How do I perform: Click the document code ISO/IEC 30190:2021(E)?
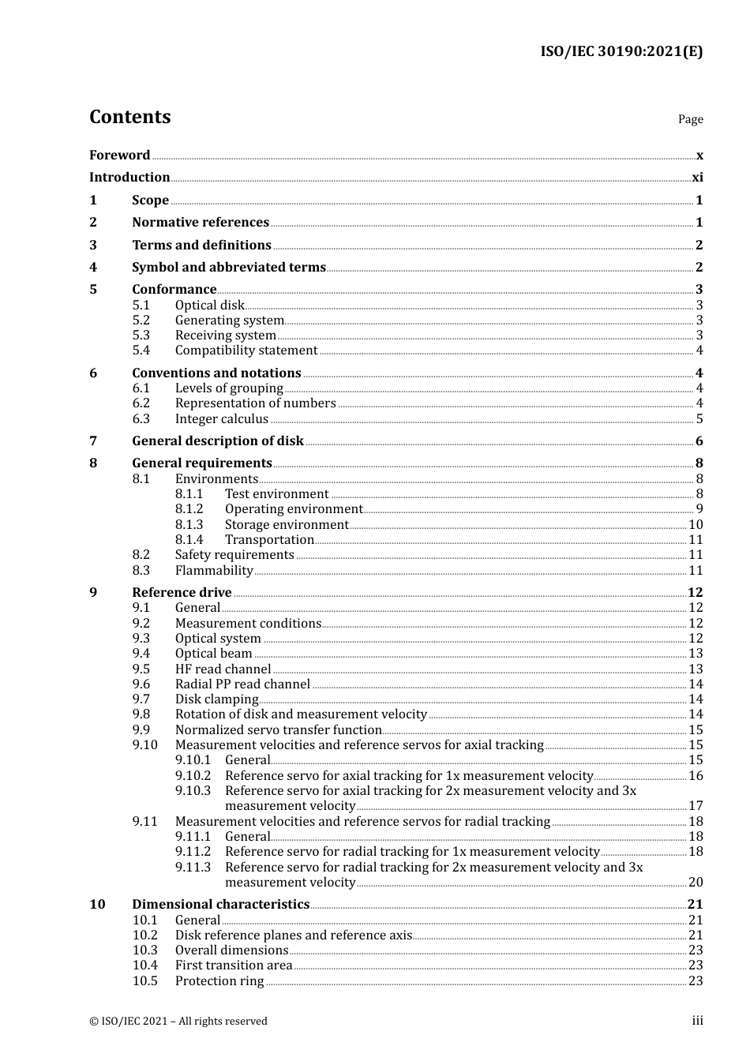tap(621, 51)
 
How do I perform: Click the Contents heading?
tap(129, 117)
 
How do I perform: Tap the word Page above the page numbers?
tap(690, 119)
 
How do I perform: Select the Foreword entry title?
tap(119, 155)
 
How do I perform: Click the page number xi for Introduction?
tap(697, 178)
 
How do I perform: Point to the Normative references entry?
tap(201, 223)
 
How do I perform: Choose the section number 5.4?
tap(141, 351)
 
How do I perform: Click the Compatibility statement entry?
tap(246, 351)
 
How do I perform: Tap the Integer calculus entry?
tap(222, 419)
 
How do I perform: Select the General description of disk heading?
tap(218, 441)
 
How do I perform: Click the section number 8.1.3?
tap(189, 525)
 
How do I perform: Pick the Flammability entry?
tap(214, 571)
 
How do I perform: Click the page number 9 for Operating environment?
tap(699, 509)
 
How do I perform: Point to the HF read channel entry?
tap(223, 669)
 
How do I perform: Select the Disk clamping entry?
tap(216, 699)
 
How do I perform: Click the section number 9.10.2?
tap(193, 776)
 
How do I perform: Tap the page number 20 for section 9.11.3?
tap(696, 883)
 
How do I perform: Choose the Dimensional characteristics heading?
tap(221, 905)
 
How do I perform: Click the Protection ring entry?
tap(219, 981)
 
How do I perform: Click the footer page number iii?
tap(697, 1021)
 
